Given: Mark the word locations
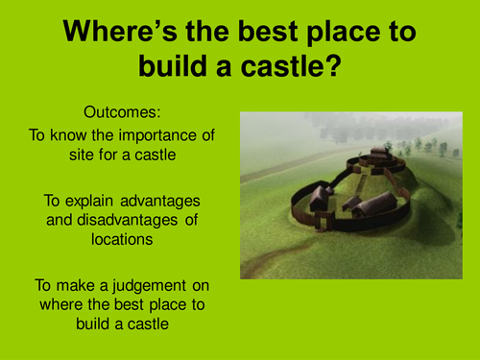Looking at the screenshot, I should pos(123,242).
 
